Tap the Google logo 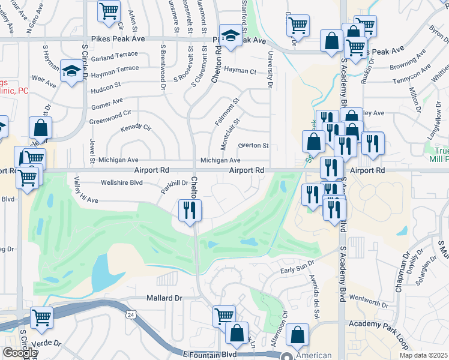pos(19,353)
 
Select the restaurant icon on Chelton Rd pos(190,210)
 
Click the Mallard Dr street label pos(164,298)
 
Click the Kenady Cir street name pos(136,128)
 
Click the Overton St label pos(253,145)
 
